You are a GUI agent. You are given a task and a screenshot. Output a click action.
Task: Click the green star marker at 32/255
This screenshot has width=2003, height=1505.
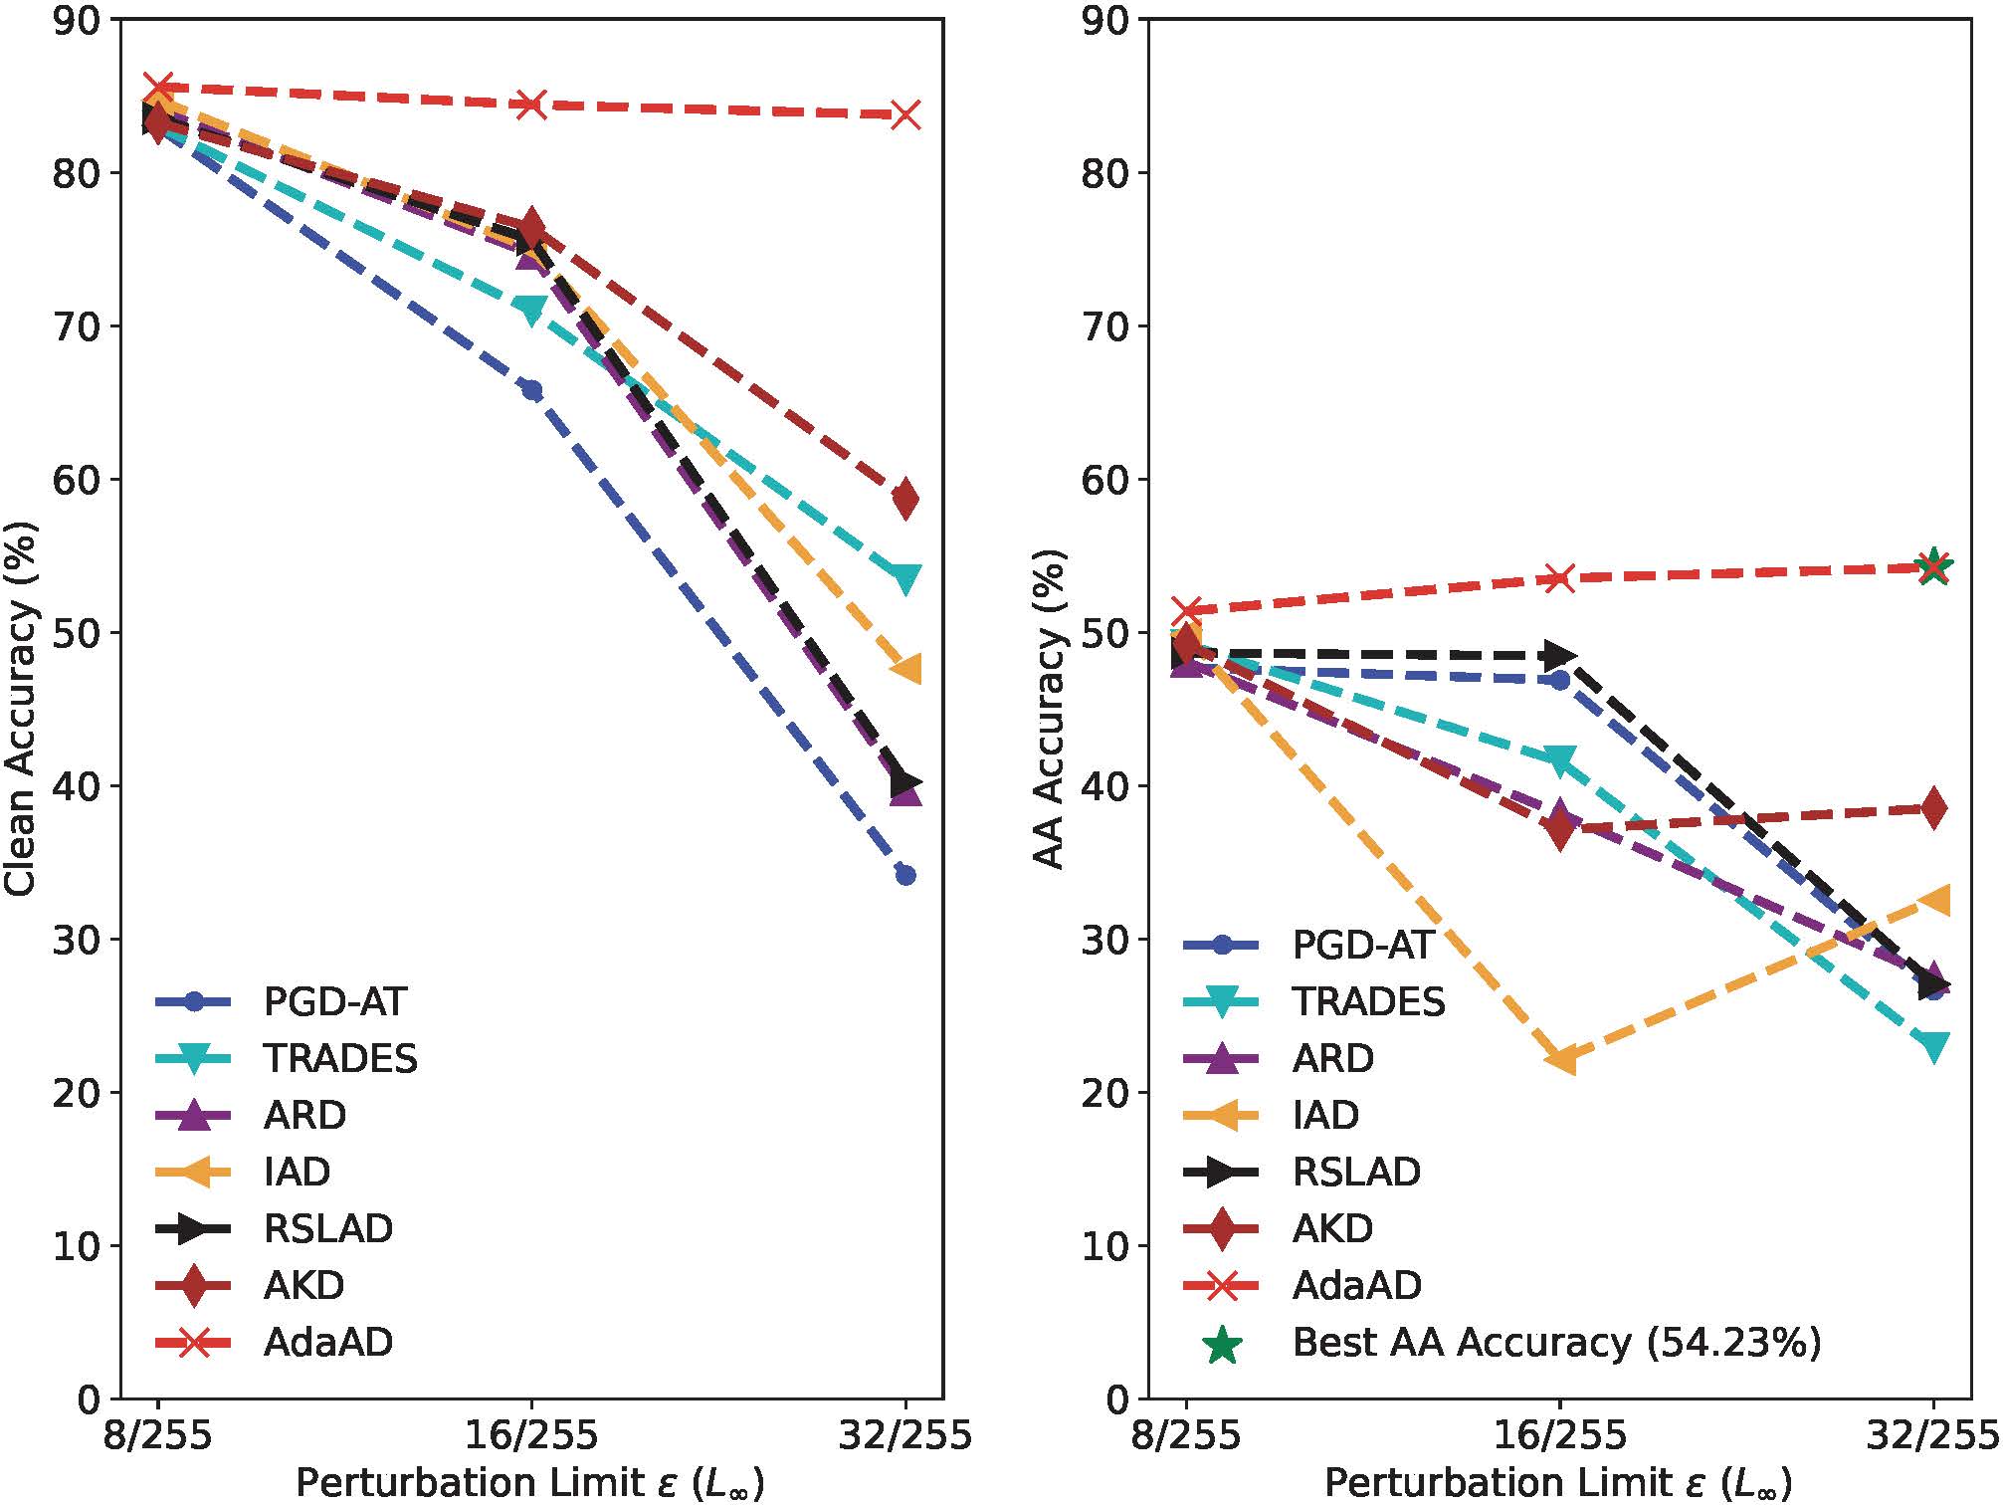(x=1933, y=566)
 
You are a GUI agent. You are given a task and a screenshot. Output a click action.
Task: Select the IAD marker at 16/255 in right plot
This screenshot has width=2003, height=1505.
(x=1560, y=1060)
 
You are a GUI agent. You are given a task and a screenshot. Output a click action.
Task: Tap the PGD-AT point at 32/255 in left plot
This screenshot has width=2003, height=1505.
(x=905, y=875)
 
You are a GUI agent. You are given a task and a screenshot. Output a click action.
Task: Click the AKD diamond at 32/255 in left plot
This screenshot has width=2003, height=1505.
(x=905, y=498)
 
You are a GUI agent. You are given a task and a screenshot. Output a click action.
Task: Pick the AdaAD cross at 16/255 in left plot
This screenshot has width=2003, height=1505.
(x=531, y=104)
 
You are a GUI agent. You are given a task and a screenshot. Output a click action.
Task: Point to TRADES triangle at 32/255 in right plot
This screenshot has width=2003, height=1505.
(x=1933, y=1046)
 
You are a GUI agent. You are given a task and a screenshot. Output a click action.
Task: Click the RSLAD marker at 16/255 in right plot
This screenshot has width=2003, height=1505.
(x=1560, y=655)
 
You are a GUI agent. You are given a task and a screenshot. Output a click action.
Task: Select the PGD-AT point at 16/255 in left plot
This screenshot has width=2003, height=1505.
(x=531, y=390)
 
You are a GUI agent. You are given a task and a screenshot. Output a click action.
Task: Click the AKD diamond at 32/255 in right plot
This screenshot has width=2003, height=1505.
(x=1933, y=808)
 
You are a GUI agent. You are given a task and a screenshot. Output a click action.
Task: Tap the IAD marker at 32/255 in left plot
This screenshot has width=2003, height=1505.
(x=905, y=668)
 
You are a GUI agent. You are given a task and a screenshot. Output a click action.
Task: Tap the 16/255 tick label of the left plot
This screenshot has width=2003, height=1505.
(x=531, y=1436)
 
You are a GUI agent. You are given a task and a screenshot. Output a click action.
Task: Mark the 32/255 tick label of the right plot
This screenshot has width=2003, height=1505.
(x=1933, y=1436)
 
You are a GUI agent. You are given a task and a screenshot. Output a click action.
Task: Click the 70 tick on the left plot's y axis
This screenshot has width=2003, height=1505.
(x=77, y=325)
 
